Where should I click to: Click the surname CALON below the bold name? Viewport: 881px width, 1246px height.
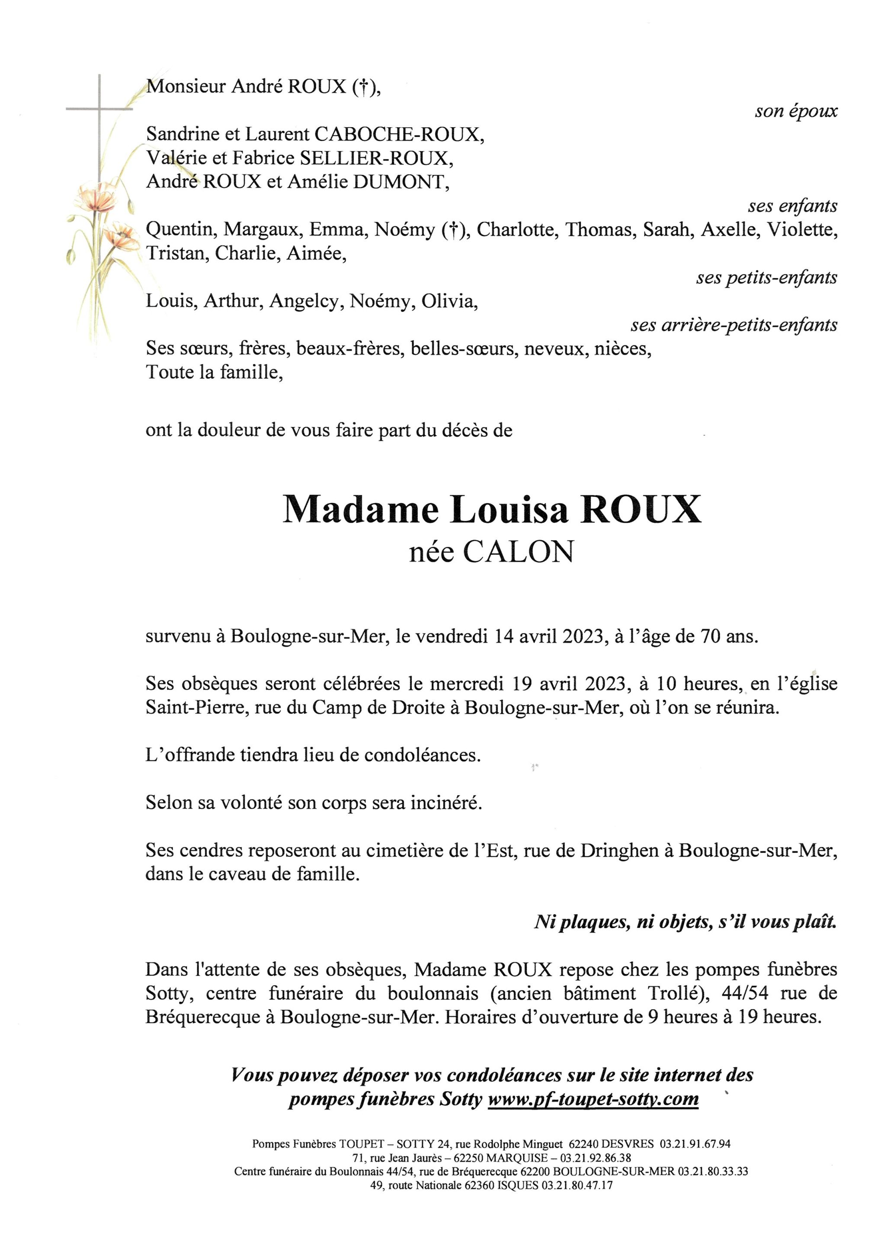click(518, 552)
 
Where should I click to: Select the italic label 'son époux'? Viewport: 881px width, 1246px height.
click(796, 111)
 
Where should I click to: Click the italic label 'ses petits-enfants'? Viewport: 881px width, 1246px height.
click(766, 277)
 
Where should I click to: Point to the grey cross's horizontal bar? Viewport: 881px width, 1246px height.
click(99, 109)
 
